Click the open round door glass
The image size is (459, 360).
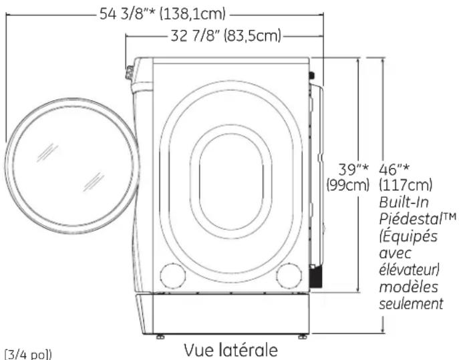[73, 164]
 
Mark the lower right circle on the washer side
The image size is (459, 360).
[288, 273]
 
